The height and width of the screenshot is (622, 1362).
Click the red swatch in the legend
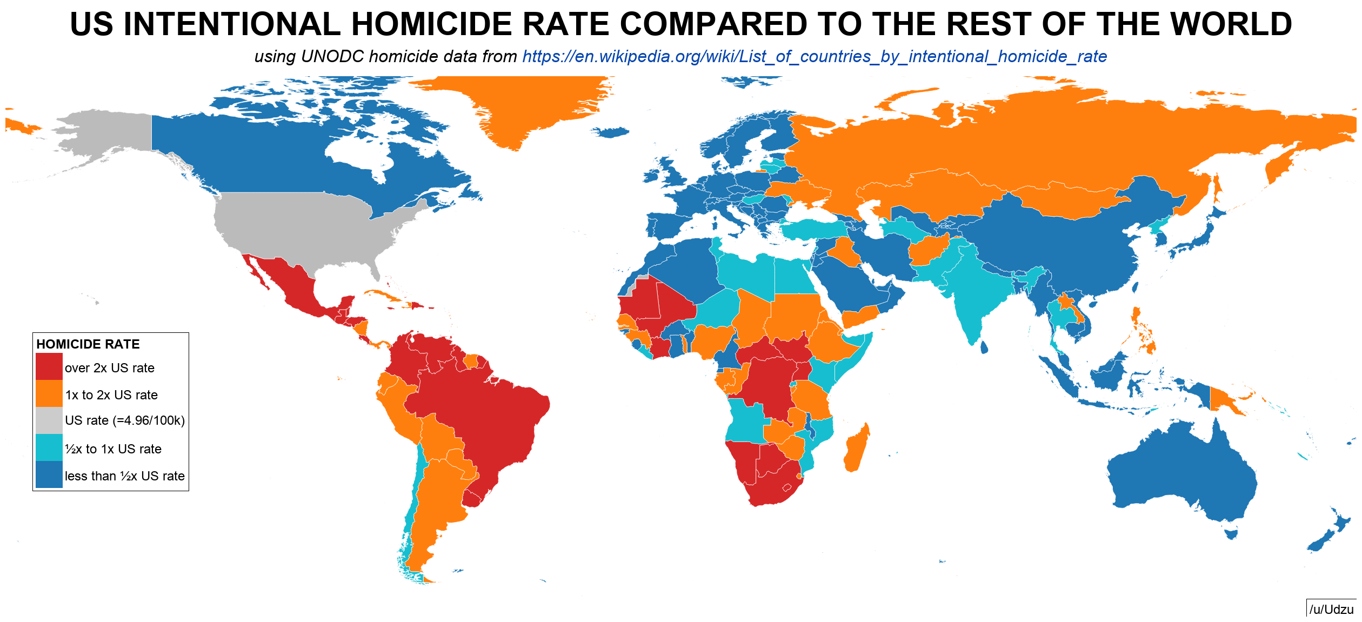point(49,366)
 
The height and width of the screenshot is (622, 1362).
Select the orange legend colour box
point(49,393)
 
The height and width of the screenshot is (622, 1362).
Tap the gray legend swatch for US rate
point(49,420)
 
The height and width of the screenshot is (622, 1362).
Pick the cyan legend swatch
point(49,447)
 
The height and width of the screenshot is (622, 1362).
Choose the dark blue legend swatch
point(49,474)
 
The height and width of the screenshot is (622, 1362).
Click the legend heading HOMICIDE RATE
point(88,344)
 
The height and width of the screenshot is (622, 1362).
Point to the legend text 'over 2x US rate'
point(110,368)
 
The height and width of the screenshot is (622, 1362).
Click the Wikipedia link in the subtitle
point(814,56)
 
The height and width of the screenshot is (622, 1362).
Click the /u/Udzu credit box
point(1331,609)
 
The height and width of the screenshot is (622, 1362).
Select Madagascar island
point(856,449)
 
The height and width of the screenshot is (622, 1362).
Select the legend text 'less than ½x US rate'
point(125,476)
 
